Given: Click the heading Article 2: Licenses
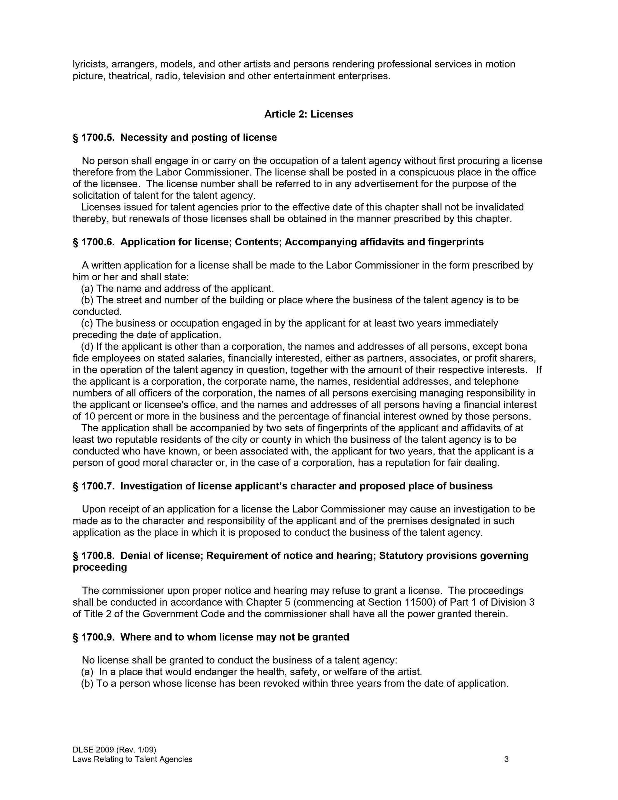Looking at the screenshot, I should point(308,114).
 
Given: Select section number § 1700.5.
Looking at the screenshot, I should point(93,138).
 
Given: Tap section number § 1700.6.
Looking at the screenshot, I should point(93,242).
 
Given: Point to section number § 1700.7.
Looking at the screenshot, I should point(93,486).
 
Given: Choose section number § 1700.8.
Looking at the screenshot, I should point(93,556).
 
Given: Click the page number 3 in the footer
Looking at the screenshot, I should point(506,759).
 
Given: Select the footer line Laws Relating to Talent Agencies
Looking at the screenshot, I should point(132,759).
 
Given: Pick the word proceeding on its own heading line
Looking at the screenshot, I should point(100,567).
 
